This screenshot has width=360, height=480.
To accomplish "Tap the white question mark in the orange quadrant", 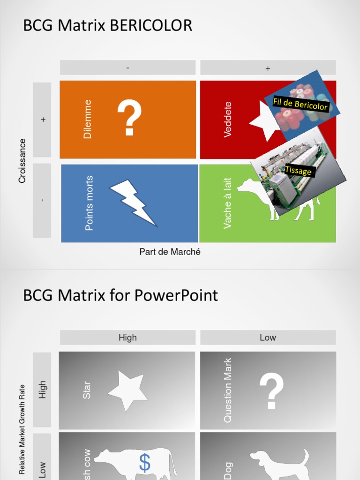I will (129, 119).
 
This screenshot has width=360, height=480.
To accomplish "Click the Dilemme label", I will (88, 119).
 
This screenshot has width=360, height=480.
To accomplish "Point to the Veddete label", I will (228, 120).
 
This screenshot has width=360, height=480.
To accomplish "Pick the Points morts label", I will (89, 203).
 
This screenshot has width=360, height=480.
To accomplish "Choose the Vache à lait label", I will (228, 203).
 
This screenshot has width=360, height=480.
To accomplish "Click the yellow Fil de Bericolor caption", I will (300, 104).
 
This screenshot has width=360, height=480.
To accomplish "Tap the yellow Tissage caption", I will (298, 171).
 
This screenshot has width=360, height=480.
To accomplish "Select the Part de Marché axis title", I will (170, 252).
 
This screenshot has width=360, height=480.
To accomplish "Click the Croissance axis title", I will (22, 161).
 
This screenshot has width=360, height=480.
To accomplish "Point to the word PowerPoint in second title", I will (176, 295).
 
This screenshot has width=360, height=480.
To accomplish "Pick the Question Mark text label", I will (228, 390).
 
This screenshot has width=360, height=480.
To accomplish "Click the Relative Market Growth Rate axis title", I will (22, 429).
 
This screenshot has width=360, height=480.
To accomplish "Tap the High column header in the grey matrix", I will (127, 337).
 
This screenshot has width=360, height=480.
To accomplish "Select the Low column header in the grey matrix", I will (268, 337).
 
